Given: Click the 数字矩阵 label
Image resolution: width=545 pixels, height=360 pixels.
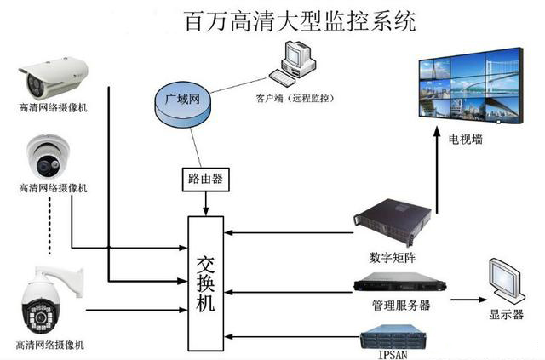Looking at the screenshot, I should (x=393, y=256).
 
